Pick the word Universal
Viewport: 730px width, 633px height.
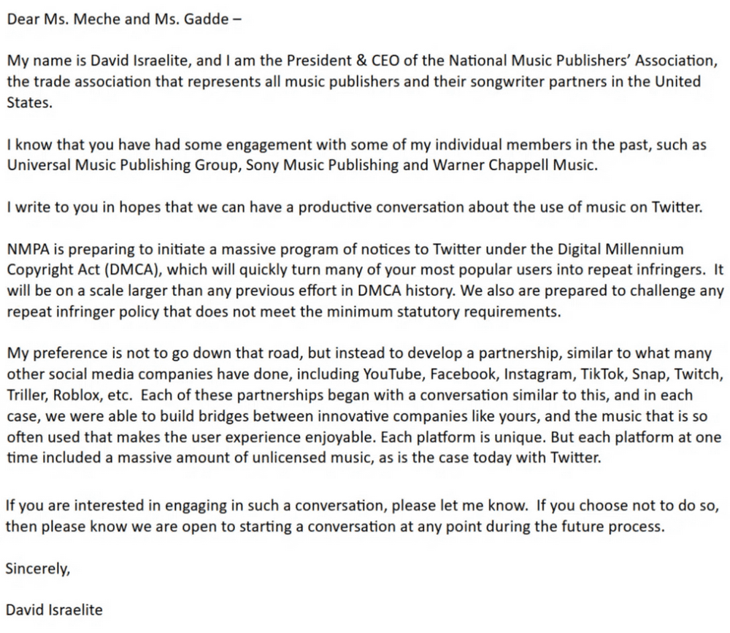(x=36, y=164)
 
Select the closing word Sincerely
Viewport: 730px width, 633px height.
(x=38, y=569)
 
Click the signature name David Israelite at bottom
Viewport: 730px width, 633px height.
(x=54, y=609)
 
